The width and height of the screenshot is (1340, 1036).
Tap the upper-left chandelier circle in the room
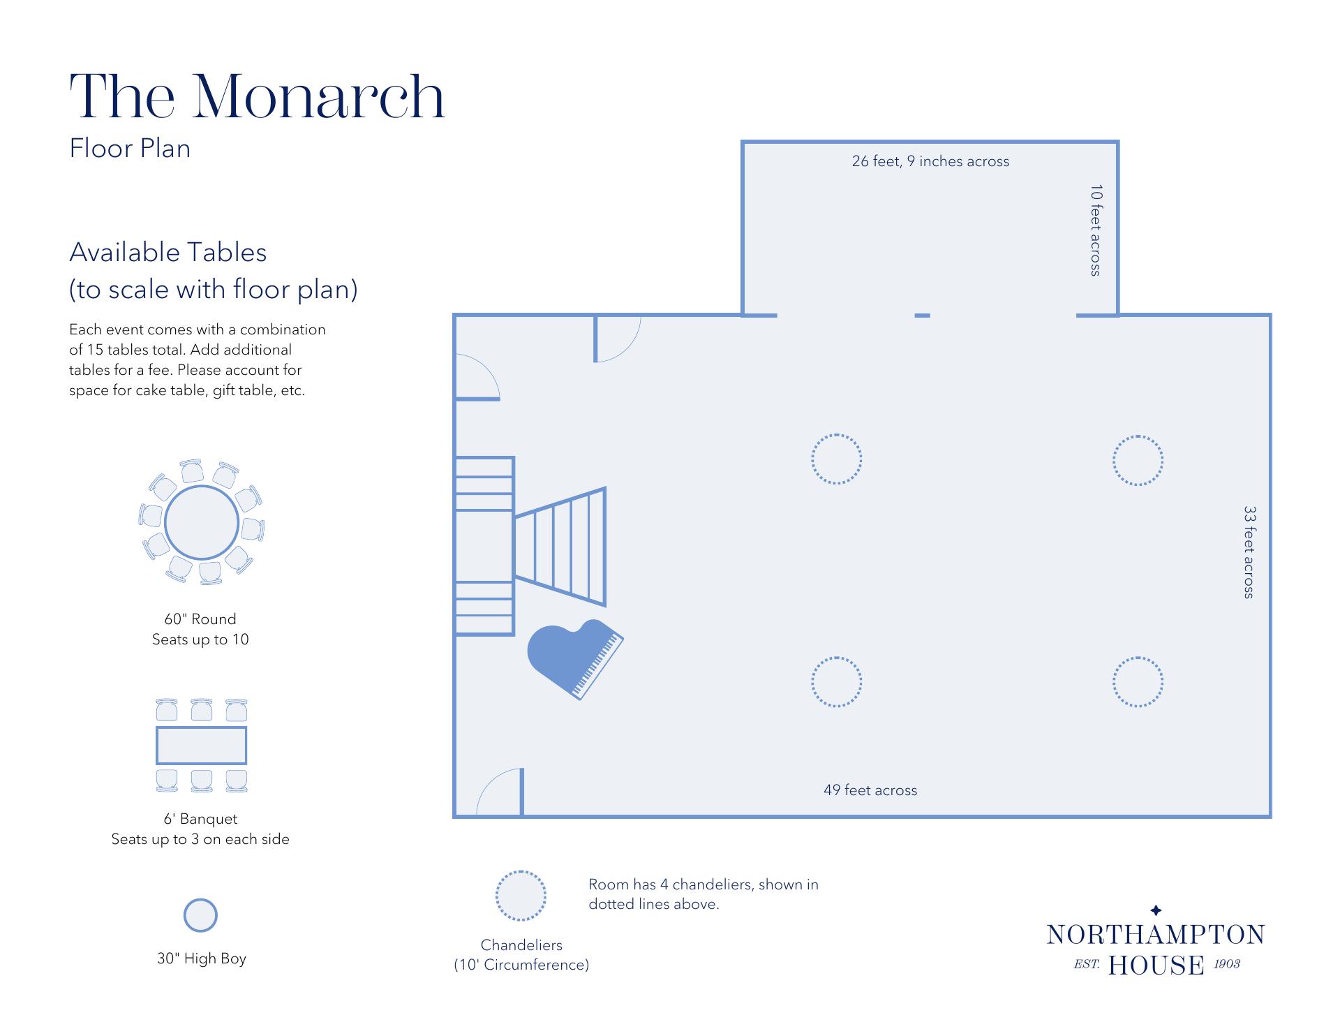(837, 435)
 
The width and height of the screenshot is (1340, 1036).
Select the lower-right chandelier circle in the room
(1138, 658)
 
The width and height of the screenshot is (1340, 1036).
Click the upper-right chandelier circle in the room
(1138, 436)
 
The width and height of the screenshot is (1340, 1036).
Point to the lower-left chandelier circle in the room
(837, 658)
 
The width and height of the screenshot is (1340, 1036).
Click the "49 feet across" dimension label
(870, 790)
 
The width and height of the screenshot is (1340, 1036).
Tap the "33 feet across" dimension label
(1249, 552)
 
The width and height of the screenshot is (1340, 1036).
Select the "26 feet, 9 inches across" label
(930, 161)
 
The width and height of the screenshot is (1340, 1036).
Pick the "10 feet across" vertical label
(1096, 230)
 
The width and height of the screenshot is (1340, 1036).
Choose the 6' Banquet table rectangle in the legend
(201, 746)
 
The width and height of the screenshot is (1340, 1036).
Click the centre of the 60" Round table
(202, 522)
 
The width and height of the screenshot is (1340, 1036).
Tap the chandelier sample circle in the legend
(521, 872)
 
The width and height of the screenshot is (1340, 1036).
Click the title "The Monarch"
(257, 96)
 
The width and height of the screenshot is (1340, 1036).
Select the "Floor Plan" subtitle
(130, 149)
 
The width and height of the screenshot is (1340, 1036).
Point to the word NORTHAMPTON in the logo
(1156, 935)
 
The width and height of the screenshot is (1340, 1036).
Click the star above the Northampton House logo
(1156, 910)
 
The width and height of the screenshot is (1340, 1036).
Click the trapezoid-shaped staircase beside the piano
(560, 547)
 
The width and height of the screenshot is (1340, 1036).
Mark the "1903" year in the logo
(1227, 964)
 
